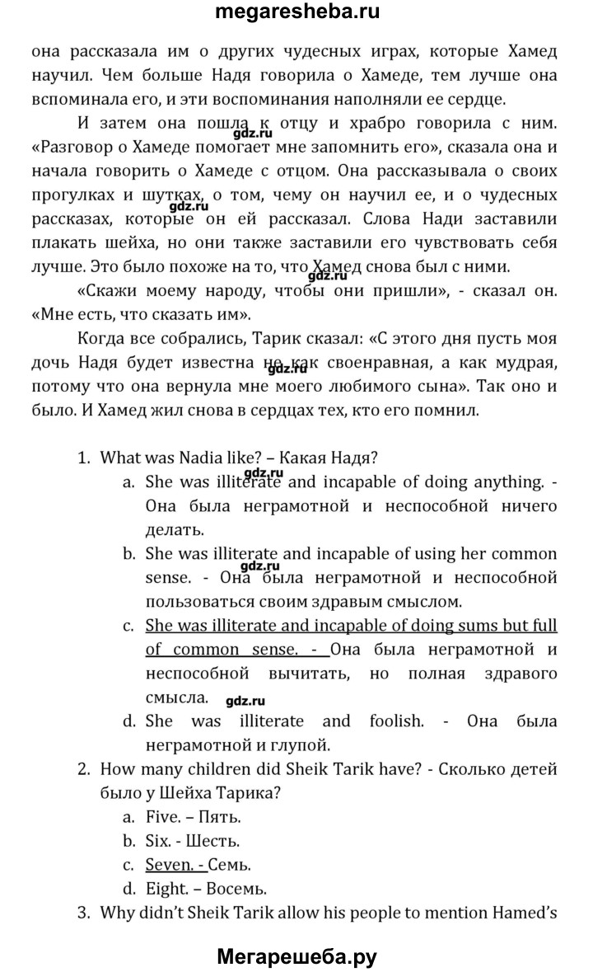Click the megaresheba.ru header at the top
pos(297,13)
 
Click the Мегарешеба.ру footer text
pos(297,956)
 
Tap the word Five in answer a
pos(162,817)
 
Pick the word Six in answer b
pos(159,842)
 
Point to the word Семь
pos(231,866)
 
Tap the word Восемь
pos(240,890)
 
